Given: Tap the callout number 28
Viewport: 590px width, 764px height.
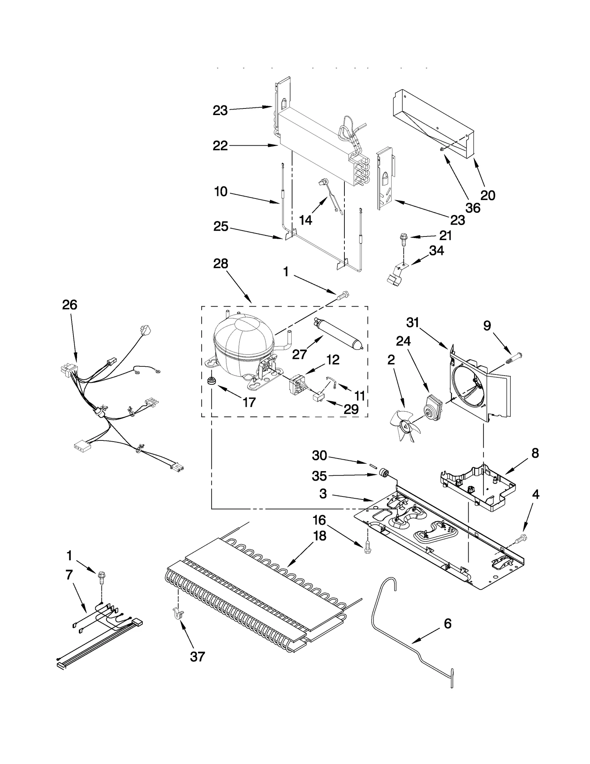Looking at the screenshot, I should click(221, 264).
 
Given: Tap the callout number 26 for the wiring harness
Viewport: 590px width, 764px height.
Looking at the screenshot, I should click(69, 305).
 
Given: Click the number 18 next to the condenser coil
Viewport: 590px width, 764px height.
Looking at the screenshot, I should click(320, 536).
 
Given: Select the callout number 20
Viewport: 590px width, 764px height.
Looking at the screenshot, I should click(487, 195).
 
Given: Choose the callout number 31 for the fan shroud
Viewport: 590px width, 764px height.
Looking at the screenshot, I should click(413, 322).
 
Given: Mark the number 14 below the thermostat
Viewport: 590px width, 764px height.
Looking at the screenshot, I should click(305, 220).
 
